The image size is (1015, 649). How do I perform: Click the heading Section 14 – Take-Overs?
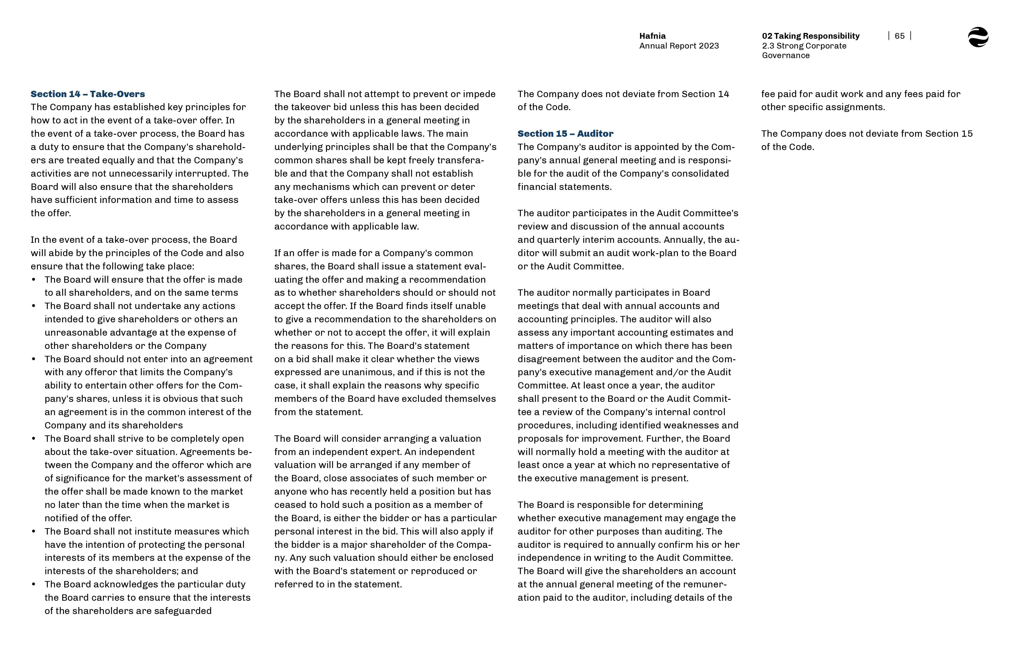88,94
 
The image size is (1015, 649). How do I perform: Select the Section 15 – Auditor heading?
565,134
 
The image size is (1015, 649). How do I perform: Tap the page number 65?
900,36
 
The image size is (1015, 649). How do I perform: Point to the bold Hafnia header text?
652,36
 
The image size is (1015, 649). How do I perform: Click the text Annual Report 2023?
679,46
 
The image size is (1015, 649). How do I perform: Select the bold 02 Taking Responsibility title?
810,36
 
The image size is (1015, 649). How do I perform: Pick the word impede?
479,94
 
